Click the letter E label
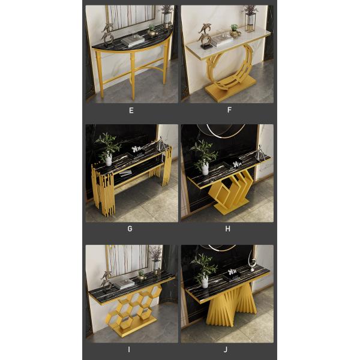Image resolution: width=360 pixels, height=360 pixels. (131, 110)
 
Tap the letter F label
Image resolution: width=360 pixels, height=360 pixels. (229, 110)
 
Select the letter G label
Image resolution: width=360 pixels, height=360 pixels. (130, 229)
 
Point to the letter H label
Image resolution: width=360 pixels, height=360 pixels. (227, 229)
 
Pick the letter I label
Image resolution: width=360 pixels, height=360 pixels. (129, 349)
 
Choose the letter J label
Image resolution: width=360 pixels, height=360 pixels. (226, 349)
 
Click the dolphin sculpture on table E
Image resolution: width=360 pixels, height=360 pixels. (107, 35)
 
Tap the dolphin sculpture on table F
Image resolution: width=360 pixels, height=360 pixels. (205, 36)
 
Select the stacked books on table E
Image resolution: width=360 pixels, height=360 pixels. (133, 41)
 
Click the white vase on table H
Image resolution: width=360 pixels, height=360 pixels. (205, 169)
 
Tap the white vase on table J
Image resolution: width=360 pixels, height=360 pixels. (205, 281)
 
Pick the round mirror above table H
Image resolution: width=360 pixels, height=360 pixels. (221, 131)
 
